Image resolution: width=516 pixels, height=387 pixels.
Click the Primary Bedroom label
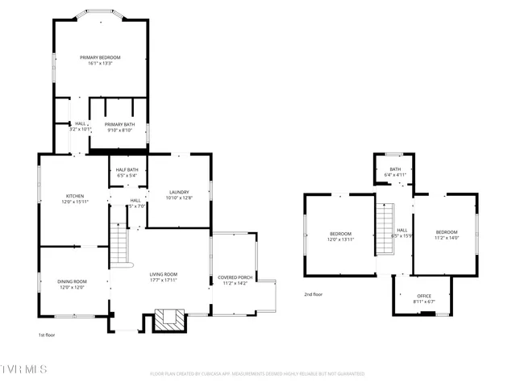(100, 58)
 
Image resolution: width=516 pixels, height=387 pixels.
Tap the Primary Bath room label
(119, 124)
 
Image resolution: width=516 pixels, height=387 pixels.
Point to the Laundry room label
(178, 192)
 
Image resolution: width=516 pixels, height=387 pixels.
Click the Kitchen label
(75, 196)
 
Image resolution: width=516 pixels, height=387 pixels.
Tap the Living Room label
(164, 275)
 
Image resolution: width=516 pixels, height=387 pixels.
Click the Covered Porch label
(235, 278)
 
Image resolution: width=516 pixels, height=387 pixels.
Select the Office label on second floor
(424, 296)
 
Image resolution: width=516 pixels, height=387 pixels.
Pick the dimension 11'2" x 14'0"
(447, 237)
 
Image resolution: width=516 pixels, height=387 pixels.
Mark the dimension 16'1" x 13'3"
(100, 64)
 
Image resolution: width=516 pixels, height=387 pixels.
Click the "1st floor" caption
(48, 335)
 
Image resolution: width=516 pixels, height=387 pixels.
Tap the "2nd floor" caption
(314, 294)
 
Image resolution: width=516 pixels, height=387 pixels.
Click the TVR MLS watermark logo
(24, 369)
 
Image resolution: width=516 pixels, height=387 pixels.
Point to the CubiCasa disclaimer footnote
(257, 374)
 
